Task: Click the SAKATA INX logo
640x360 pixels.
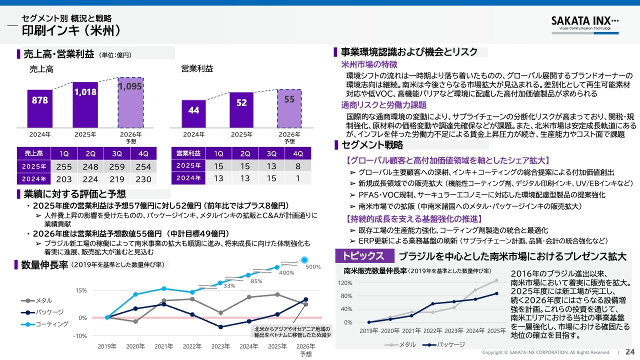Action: [x=585, y=22]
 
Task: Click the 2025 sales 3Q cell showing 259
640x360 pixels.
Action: [x=117, y=166]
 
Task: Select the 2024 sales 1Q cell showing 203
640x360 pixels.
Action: [x=64, y=178]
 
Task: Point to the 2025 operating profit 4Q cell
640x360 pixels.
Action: [x=297, y=166]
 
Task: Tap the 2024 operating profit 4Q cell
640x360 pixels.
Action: [x=297, y=178]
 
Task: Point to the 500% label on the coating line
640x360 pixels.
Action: [x=312, y=266]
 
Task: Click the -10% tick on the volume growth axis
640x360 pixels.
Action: [x=80, y=335]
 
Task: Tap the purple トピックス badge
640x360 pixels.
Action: [x=363, y=256]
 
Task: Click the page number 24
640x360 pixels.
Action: [x=630, y=352]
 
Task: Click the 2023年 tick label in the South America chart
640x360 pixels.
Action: [x=454, y=331]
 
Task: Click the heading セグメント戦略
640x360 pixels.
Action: [x=372, y=145]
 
